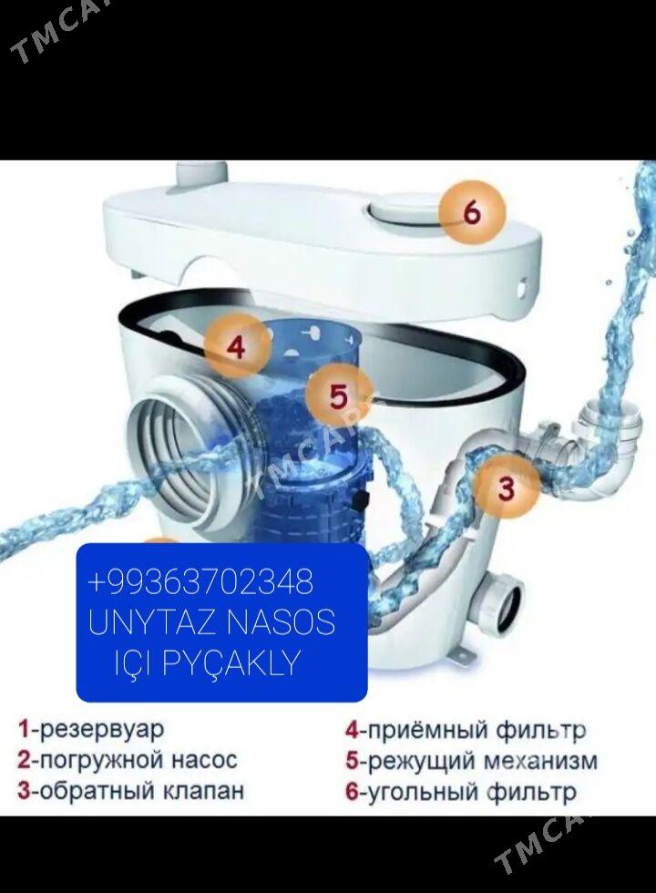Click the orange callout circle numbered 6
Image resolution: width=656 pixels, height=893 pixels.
pos(472,213)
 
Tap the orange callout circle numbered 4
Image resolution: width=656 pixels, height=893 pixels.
pos(237,347)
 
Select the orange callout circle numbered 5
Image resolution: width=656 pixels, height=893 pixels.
pos(339,395)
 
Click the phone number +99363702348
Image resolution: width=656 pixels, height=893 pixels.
pos(200,581)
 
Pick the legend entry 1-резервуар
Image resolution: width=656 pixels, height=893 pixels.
pos(90,730)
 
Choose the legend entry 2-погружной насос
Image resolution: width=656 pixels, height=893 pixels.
pos(127,760)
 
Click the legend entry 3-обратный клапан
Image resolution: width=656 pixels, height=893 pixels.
pos(130,791)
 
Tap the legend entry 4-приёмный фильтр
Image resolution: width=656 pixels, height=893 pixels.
pos(466,730)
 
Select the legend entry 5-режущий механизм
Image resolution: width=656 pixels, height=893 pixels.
pos(472,761)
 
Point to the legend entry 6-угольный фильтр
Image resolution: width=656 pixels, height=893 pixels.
pos(461,792)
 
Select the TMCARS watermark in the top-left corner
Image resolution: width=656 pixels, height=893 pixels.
pos(54,31)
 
